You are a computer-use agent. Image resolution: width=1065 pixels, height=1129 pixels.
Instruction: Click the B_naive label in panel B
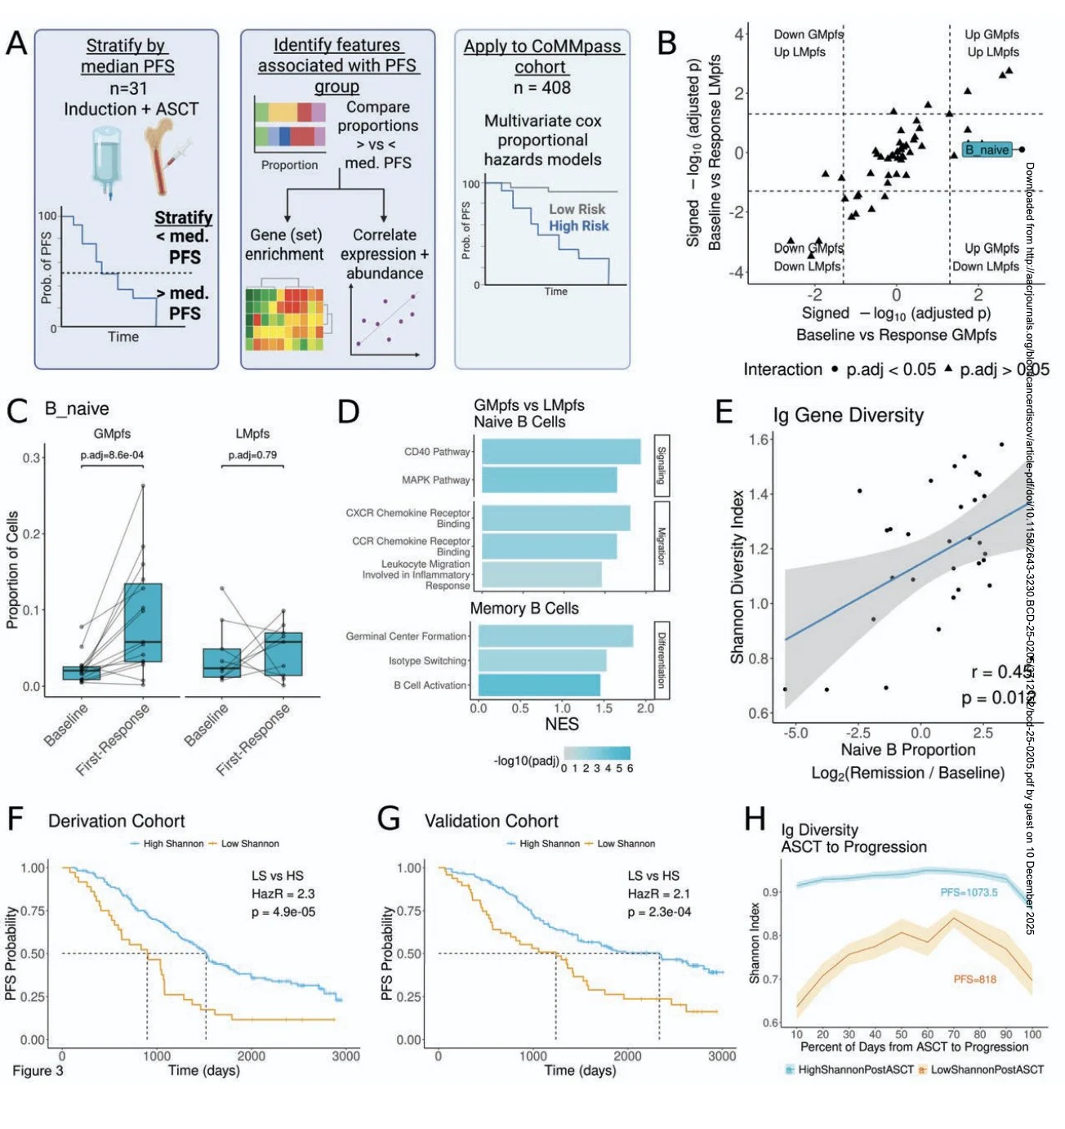[x=987, y=149]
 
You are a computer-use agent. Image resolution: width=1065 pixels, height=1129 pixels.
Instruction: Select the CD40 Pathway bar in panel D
[x=560, y=452]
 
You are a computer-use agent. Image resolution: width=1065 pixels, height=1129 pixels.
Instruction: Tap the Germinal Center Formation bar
[x=555, y=636]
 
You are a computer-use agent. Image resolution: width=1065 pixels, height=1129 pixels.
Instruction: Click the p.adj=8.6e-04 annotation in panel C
[x=112, y=455]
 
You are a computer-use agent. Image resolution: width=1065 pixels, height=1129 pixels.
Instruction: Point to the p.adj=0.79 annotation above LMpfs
[x=252, y=455]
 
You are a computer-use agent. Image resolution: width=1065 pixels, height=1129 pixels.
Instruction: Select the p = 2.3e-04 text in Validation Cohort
[x=659, y=912]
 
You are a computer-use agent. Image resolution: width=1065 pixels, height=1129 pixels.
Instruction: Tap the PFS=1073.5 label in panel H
[x=969, y=892]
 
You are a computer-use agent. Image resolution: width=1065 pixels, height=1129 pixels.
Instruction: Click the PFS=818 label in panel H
[x=974, y=979]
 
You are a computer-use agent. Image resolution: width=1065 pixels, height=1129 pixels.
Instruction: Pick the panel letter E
[x=724, y=412]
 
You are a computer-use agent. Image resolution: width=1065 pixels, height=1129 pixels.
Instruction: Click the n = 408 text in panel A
[x=541, y=87]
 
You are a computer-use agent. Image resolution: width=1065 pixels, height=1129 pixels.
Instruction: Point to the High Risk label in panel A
[x=578, y=226]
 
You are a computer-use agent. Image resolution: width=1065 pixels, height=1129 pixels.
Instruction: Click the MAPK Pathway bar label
[x=436, y=480]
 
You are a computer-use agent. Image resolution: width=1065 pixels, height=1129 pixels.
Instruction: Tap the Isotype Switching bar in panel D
[x=541, y=660]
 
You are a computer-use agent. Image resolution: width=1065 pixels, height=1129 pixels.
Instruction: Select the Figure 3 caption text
[x=38, y=1070]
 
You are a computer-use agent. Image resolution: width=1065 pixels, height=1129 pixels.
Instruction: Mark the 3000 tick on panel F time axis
[x=345, y=1055]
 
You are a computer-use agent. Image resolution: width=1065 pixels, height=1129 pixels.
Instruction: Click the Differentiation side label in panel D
[x=662, y=659]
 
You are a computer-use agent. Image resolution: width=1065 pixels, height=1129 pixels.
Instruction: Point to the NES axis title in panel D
[x=562, y=724]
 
